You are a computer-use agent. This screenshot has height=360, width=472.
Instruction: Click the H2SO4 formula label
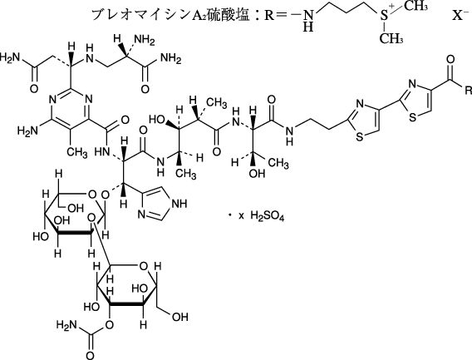tap(268, 216)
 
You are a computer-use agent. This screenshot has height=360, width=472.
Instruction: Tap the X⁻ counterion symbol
tap(461, 14)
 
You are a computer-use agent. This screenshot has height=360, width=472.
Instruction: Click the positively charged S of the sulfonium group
tap(384, 15)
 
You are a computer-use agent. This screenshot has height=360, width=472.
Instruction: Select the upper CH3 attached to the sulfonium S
tap(415, 6)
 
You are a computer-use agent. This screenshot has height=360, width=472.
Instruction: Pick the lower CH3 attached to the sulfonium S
tap(391, 38)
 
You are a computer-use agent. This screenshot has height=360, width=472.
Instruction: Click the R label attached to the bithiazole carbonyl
tap(468, 91)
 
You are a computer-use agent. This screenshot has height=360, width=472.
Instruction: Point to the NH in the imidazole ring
tap(179, 204)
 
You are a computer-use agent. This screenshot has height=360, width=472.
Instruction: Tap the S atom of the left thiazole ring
tap(360, 137)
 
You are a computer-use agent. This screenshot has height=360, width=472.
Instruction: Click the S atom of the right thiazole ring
tap(413, 117)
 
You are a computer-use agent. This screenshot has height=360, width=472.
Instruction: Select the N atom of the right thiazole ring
tap(412, 84)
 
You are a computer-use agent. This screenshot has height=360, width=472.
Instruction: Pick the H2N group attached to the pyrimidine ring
tap(27, 131)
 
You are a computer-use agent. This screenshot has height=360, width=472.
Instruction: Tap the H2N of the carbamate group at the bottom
tap(66, 325)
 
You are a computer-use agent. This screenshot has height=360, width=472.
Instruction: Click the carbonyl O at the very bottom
tap(90, 354)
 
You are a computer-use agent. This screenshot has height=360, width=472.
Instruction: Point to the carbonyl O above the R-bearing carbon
tap(450, 59)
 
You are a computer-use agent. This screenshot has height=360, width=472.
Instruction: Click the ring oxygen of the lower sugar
tap(143, 267)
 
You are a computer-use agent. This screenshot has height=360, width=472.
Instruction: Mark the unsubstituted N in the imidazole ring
tap(142, 215)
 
